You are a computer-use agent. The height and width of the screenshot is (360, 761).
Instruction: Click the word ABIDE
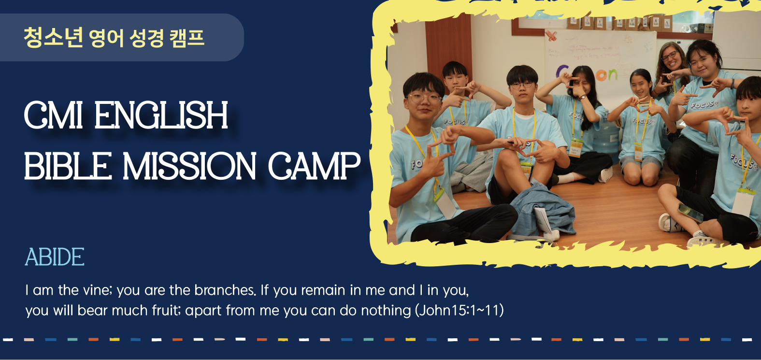coord(55,257)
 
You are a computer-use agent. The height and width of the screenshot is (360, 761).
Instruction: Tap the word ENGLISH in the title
coord(161,115)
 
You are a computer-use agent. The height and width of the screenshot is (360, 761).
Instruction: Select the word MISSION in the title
coord(189,166)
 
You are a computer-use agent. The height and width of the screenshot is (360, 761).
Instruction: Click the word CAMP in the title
coord(314,166)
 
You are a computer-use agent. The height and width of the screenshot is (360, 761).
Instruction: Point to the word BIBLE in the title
coord(68,166)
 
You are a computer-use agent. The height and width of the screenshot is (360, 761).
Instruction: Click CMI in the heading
coord(53,115)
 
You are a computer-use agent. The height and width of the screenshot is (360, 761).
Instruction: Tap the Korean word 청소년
coord(53,37)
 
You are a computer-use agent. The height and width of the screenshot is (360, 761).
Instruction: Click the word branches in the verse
coord(225,290)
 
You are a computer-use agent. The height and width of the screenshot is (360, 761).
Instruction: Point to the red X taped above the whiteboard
coord(551,35)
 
